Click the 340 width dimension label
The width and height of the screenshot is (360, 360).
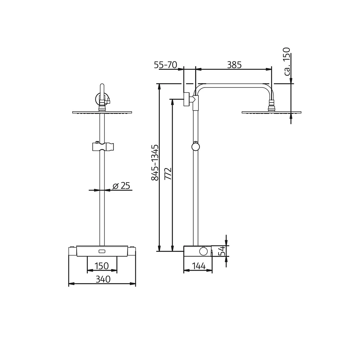point(103,279)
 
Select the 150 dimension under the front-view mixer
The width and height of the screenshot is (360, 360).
point(102,266)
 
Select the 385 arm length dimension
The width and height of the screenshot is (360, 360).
point(234,65)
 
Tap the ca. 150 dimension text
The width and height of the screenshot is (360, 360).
point(287,61)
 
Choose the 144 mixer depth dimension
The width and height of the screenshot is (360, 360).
point(198,266)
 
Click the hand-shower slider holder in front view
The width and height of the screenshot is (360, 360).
point(102,147)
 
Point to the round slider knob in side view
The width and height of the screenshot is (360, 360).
point(195,146)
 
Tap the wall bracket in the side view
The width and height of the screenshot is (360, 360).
point(186,99)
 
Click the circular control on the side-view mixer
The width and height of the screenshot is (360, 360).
point(204,251)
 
